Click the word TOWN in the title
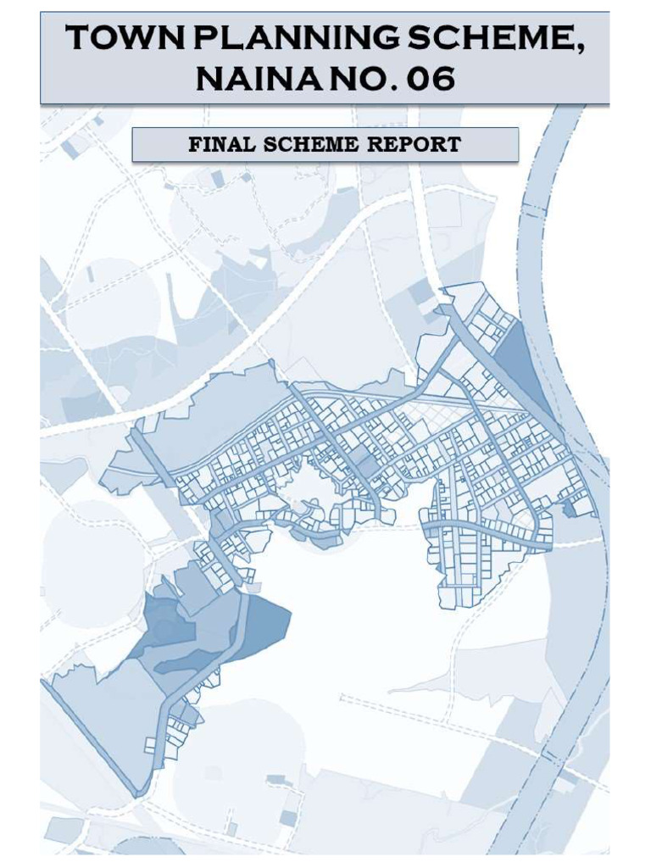(x=113, y=41)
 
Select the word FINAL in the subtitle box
(x=223, y=144)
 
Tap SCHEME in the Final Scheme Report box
(x=311, y=144)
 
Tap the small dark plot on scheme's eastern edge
(x=581, y=506)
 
